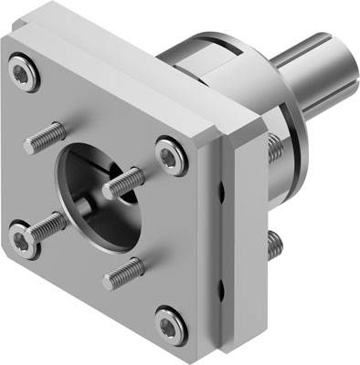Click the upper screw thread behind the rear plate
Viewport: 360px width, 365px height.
click(x=275, y=146)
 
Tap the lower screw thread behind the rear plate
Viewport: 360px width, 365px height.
click(x=275, y=242)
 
